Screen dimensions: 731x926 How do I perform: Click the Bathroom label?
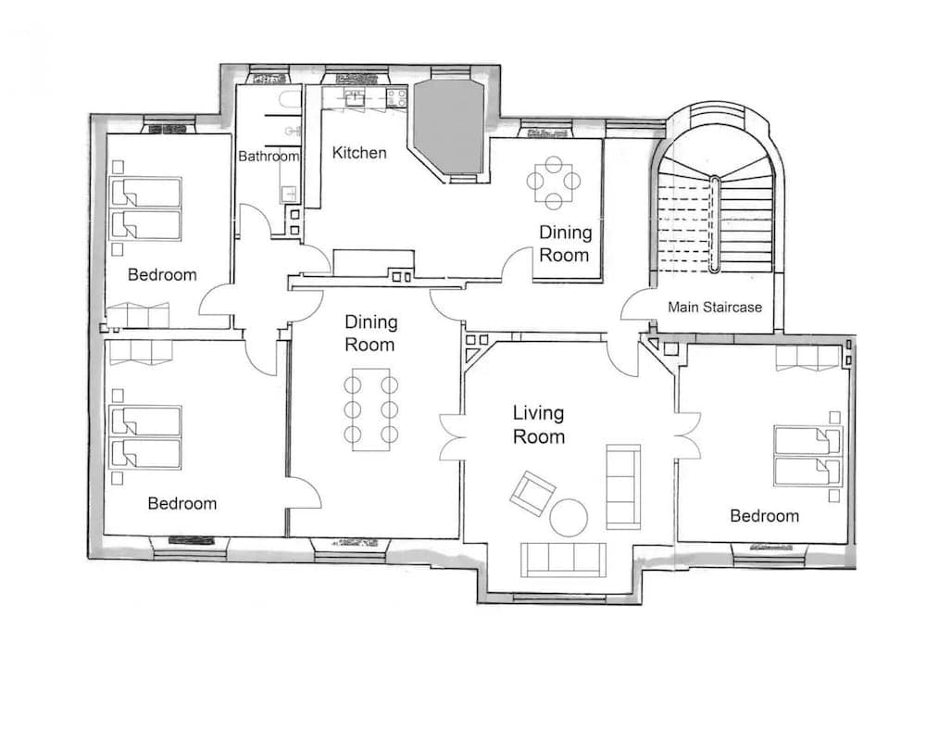click(269, 157)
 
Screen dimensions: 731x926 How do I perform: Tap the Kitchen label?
click(359, 152)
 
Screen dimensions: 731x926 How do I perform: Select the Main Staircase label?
click(716, 307)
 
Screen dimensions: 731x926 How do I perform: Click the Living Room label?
click(539, 424)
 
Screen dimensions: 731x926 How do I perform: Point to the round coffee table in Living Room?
click(569, 517)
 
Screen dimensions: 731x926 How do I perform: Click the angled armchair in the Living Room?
click(532, 492)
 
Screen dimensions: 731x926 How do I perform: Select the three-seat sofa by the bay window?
click(563, 559)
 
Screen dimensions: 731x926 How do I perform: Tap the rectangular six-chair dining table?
click(371, 410)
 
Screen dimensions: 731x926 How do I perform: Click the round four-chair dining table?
click(553, 183)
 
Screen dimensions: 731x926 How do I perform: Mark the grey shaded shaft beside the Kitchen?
click(449, 127)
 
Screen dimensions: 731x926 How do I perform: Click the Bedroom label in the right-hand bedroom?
click(764, 516)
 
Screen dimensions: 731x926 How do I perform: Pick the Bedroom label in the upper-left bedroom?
click(162, 274)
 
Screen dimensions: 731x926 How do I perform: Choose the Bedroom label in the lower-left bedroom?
click(182, 503)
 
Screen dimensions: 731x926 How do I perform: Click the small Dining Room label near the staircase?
click(565, 244)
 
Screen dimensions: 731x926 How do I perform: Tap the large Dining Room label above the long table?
click(370, 334)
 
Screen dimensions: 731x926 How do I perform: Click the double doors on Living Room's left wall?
click(452, 435)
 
